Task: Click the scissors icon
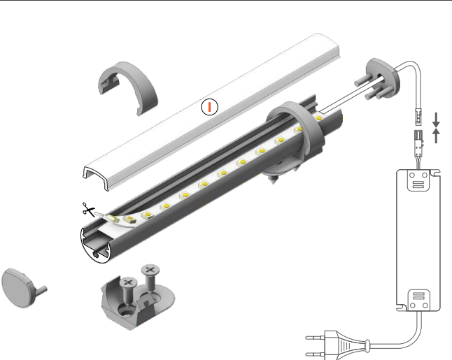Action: (88, 210)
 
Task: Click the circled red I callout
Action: (210, 107)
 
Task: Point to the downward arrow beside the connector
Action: (436, 120)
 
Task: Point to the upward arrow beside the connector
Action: (436, 136)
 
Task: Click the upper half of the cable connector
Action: (418, 116)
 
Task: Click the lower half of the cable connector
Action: (418, 141)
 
